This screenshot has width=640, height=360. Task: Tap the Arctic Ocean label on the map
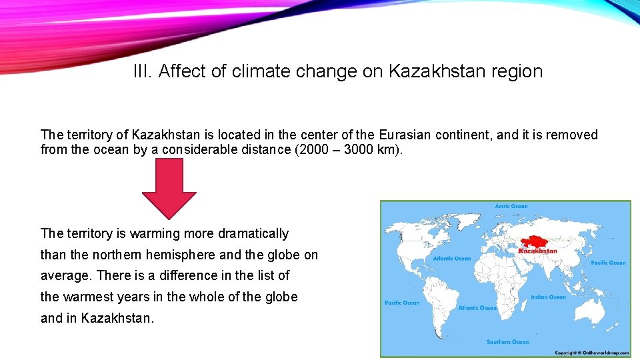coord(511,207)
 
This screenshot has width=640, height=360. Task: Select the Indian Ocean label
coord(548,297)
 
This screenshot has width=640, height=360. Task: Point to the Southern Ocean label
coord(507,342)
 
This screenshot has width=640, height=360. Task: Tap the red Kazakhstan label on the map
coord(537,251)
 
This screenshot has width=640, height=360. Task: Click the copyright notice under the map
coord(592,353)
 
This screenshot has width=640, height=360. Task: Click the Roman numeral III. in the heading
coord(143,71)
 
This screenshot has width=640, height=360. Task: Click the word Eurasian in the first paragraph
coord(405,135)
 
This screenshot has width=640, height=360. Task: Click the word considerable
coord(197,149)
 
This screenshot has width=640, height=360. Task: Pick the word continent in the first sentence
coord(461,135)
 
